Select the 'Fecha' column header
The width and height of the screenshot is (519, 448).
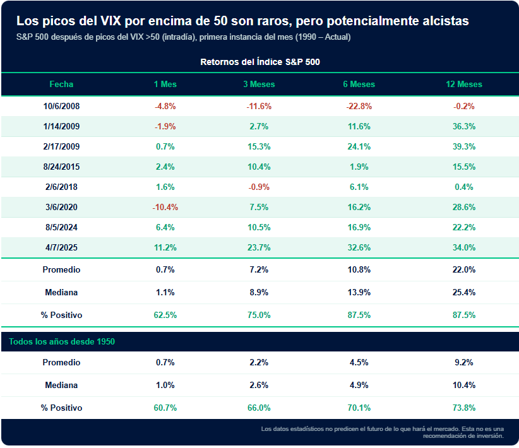[61, 84]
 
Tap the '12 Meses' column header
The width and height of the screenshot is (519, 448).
[463, 84]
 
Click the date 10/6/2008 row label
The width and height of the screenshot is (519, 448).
[61, 106]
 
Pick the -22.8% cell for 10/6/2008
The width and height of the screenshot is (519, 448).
[359, 106]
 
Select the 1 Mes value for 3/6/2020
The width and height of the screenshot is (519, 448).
[165, 207]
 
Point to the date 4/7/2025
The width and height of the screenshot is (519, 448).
[61, 247]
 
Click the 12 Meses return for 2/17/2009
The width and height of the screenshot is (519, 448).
[463, 146]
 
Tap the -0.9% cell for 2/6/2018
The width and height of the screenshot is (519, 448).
[259, 187]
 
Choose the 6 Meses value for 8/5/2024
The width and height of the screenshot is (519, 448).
[359, 227]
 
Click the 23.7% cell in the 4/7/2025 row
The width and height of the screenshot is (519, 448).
[259, 247]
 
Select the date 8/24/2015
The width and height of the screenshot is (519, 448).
[61, 167]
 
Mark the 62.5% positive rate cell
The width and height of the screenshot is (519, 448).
[165, 314]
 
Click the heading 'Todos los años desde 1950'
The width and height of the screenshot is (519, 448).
[61, 341]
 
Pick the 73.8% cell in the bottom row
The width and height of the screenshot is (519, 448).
[463, 408]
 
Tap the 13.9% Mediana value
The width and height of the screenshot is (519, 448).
[359, 292]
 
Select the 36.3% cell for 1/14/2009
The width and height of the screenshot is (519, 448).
[463, 126]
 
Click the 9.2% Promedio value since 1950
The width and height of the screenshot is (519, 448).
[463, 362]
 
